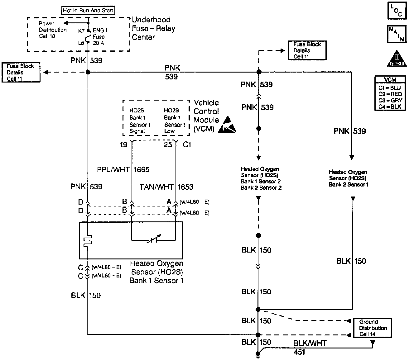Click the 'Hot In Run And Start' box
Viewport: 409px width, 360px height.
88,10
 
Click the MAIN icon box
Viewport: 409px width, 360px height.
397,34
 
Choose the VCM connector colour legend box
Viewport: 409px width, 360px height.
390,93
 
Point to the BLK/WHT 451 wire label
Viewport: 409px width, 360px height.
309,347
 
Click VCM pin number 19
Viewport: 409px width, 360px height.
124,144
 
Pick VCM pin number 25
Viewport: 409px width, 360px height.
168,144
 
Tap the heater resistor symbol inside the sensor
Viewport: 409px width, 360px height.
88,240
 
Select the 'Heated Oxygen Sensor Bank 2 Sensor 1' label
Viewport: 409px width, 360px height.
348,178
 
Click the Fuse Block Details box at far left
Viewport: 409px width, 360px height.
21,73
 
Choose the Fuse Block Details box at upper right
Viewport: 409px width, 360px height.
307,50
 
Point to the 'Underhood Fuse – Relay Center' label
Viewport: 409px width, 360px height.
153,28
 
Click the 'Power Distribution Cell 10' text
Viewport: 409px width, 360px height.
52,30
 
